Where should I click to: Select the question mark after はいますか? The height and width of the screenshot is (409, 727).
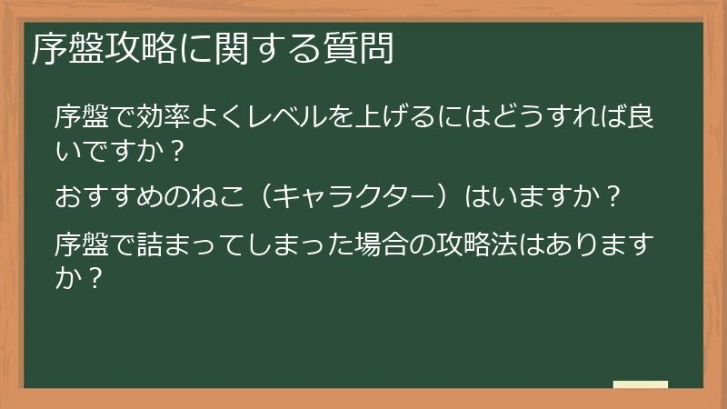point(614,196)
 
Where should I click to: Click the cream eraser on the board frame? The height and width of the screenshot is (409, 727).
point(641,384)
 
